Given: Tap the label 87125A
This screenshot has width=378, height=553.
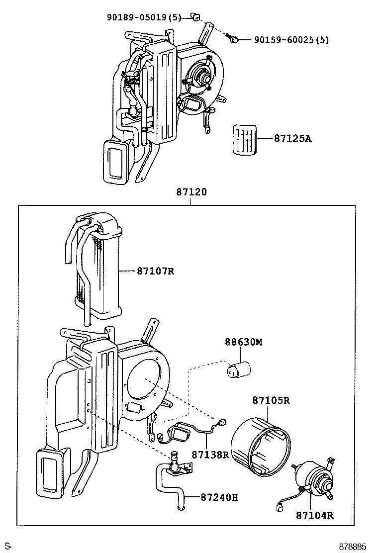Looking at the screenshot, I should click(292, 139).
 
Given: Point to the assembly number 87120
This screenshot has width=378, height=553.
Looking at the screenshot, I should click(191, 192).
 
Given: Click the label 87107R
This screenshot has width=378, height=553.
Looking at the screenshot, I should click(156, 271).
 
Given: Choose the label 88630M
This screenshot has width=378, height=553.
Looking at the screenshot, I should click(243, 342).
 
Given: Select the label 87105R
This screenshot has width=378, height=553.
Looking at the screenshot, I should click(271, 400).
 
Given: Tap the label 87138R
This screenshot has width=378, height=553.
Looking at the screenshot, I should click(210, 455).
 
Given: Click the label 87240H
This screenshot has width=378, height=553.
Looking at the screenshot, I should click(219, 496).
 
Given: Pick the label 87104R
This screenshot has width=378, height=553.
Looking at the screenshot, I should click(315, 515).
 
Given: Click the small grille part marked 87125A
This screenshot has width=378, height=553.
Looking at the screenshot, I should click(246, 140).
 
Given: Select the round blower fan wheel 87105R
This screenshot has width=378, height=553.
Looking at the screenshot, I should click(262, 443).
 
